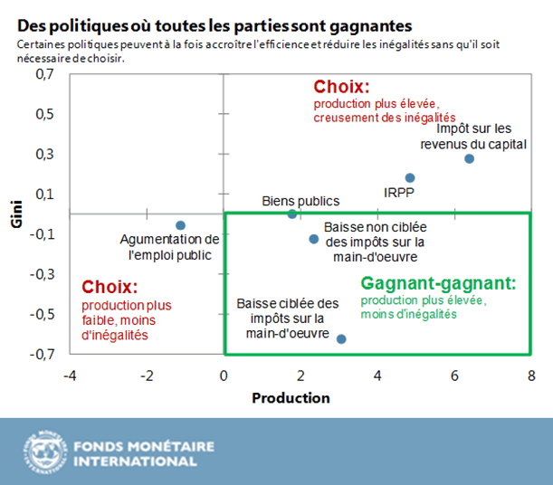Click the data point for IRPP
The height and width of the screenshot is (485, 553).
(410, 178)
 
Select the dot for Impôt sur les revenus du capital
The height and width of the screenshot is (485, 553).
(469, 158)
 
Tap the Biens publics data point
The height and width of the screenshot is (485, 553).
(291, 214)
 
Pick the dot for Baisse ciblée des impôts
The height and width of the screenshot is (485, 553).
(341, 338)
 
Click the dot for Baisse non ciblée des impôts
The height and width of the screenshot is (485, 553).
(314, 239)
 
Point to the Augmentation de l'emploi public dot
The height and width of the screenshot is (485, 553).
(180, 225)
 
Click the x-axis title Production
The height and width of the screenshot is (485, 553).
(291, 398)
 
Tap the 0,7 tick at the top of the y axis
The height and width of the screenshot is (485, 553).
(43, 75)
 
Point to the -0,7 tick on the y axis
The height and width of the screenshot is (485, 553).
(42, 354)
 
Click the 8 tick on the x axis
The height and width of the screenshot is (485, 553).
(531, 375)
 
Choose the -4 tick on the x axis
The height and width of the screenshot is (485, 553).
(68, 375)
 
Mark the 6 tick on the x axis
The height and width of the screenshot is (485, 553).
(454, 375)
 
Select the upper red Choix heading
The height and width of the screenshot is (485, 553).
(342, 87)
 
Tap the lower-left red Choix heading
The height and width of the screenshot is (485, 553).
(110, 287)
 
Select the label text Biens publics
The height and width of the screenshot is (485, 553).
(300, 200)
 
